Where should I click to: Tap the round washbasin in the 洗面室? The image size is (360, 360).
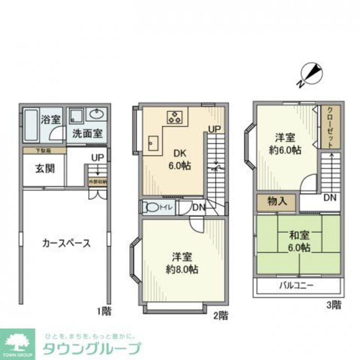[96, 115]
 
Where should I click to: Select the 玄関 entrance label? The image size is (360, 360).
[45, 168]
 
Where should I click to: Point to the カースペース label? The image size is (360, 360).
[66, 243]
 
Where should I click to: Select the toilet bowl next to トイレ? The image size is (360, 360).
[153, 207]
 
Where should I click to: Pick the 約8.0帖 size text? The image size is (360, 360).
[181, 269]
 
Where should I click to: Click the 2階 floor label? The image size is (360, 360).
[220, 316]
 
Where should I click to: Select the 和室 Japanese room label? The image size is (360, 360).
[299, 236]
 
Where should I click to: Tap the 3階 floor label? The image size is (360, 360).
[333, 306]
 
